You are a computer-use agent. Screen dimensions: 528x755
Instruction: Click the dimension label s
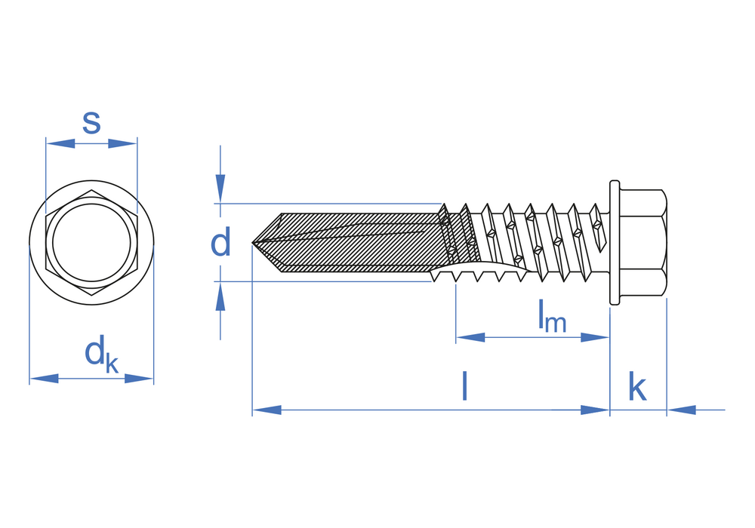pyautogui.click(x=91, y=122)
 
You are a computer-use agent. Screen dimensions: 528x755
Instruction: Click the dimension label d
pyautogui.click(x=220, y=244)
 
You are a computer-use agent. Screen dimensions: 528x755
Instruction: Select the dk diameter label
pyautogui.click(x=101, y=355)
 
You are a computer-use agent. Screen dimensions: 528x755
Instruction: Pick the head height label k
pyautogui.click(x=637, y=388)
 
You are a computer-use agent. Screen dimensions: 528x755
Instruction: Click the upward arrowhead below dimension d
pyautogui.click(x=220, y=298)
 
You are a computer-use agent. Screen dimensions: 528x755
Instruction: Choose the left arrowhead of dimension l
pyautogui.click(x=266, y=410)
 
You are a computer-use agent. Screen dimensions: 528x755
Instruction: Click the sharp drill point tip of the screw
pyautogui.click(x=253, y=243)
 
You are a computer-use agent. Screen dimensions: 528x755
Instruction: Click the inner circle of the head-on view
pyautogui.click(x=91, y=243)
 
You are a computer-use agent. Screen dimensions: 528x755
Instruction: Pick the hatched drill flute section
pyautogui.click(x=355, y=241)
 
